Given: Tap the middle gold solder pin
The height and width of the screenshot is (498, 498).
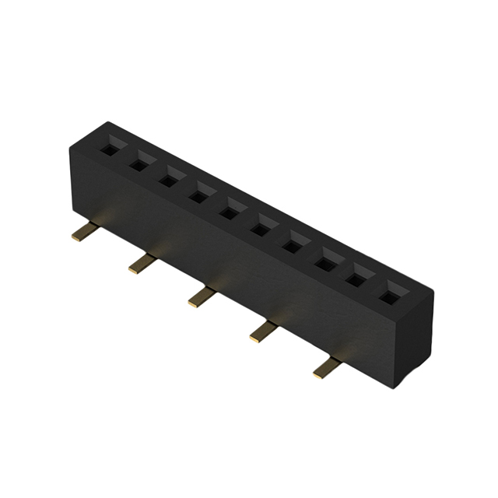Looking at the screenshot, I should tap(201, 298).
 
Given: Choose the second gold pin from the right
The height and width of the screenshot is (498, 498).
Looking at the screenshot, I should tap(262, 332).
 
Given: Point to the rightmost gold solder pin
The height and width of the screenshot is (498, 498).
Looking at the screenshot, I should tap(325, 368).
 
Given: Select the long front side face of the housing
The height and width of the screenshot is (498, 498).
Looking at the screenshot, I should tap(233, 265).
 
